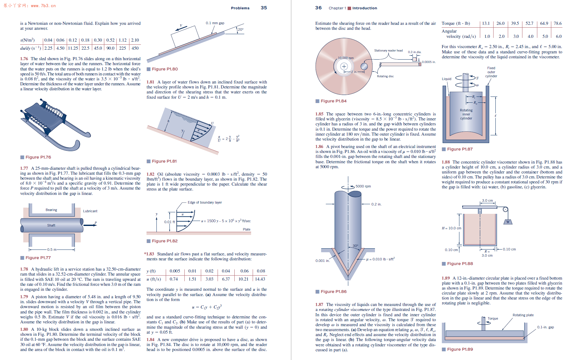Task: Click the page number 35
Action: pyautogui.click(x=264, y=8)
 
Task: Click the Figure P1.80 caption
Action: pyautogui.click(x=165, y=69)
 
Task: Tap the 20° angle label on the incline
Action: pyautogui.click(x=241, y=29)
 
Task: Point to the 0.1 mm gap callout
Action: pyautogui.click(x=215, y=23)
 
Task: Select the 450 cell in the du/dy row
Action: pyautogui.click(x=135, y=48)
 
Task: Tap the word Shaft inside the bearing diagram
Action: pyautogui.click(x=51, y=225)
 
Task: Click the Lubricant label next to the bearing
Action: pyautogui.click(x=90, y=211)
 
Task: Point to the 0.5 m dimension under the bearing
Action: pyautogui.click(x=52, y=250)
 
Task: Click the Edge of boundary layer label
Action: pyautogui.click(x=205, y=202)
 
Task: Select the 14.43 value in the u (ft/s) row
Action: pyautogui.click(x=260, y=279)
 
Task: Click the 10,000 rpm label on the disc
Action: pyautogui.click(x=345, y=58)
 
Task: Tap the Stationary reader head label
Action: pyautogui.click(x=388, y=51)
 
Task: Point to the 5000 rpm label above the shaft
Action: pyautogui.click(x=363, y=186)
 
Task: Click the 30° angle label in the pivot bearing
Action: pyautogui.click(x=355, y=246)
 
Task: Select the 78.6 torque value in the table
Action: pyautogui.click(x=557, y=23)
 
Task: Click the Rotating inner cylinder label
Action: pyautogui.click(x=466, y=114)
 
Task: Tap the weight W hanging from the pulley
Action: pyautogui.click(x=508, y=222)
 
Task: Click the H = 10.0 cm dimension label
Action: pyautogui.click(x=451, y=228)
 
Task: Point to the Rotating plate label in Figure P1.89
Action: pyautogui.click(x=523, y=315)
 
